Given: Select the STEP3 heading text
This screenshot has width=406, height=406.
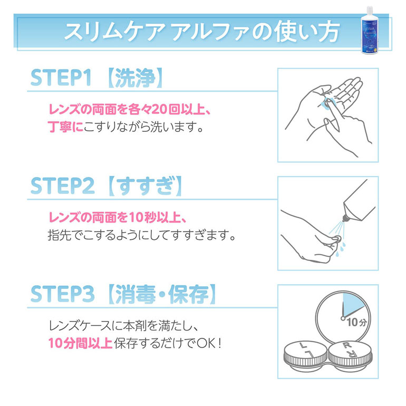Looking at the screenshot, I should point(62,295).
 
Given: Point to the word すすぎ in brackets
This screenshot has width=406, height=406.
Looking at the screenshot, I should point(144,187).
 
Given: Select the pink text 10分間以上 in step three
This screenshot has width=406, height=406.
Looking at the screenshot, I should point(79,343).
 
